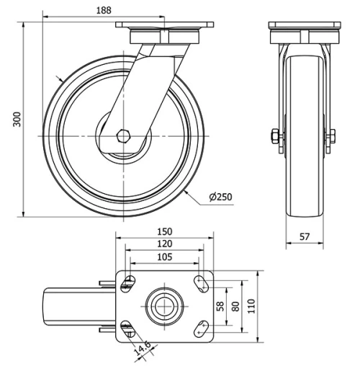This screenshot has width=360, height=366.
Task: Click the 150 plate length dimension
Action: coord(165,231)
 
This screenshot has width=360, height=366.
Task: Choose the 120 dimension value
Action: coord(165,244)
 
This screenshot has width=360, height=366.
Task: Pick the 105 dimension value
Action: coord(165,256)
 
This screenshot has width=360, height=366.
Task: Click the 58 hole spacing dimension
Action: coord(220,306)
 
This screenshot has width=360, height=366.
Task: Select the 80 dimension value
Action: coord(235,306)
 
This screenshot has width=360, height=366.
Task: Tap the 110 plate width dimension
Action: coord(251,306)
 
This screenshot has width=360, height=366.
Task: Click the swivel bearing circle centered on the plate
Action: coord(163,306)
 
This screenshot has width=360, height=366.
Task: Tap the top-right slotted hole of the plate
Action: coord(199,282)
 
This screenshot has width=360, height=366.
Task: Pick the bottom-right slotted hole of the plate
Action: coord(199,331)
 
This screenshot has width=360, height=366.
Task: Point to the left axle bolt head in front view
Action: coord(275,135)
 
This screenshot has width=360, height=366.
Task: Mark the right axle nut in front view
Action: coord(331,135)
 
